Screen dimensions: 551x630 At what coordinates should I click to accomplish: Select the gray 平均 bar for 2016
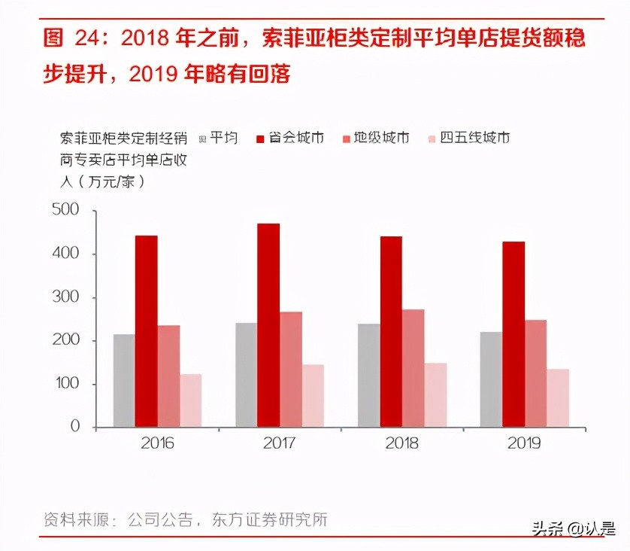pyautogui.click(x=124, y=381)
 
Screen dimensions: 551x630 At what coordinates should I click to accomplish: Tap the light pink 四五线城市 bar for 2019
pyautogui.click(x=557, y=398)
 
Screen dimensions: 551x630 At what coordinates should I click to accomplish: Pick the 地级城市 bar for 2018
pyautogui.click(x=413, y=368)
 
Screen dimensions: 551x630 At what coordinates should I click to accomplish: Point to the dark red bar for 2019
pyautogui.click(x=513, y=334)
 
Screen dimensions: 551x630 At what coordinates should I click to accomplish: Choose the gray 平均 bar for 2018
pyautogui.click(x=368, y=376)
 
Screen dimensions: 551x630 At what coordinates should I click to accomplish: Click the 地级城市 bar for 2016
pyautogui.click(x=168, y=376)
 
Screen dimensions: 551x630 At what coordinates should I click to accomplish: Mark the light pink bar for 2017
pyautogui.click(x=313, y=396)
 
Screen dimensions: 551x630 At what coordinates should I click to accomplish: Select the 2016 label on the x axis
pyautogui.click(x=156, y=443)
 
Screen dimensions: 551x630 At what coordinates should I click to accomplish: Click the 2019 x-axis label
pyautogui.click(x=524, y=443)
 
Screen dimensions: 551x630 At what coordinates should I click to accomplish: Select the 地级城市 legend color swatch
pyautogui.click(x=347, y=139)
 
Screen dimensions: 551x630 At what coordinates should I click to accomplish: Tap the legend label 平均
pyautogui.click(x=223, y=138)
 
